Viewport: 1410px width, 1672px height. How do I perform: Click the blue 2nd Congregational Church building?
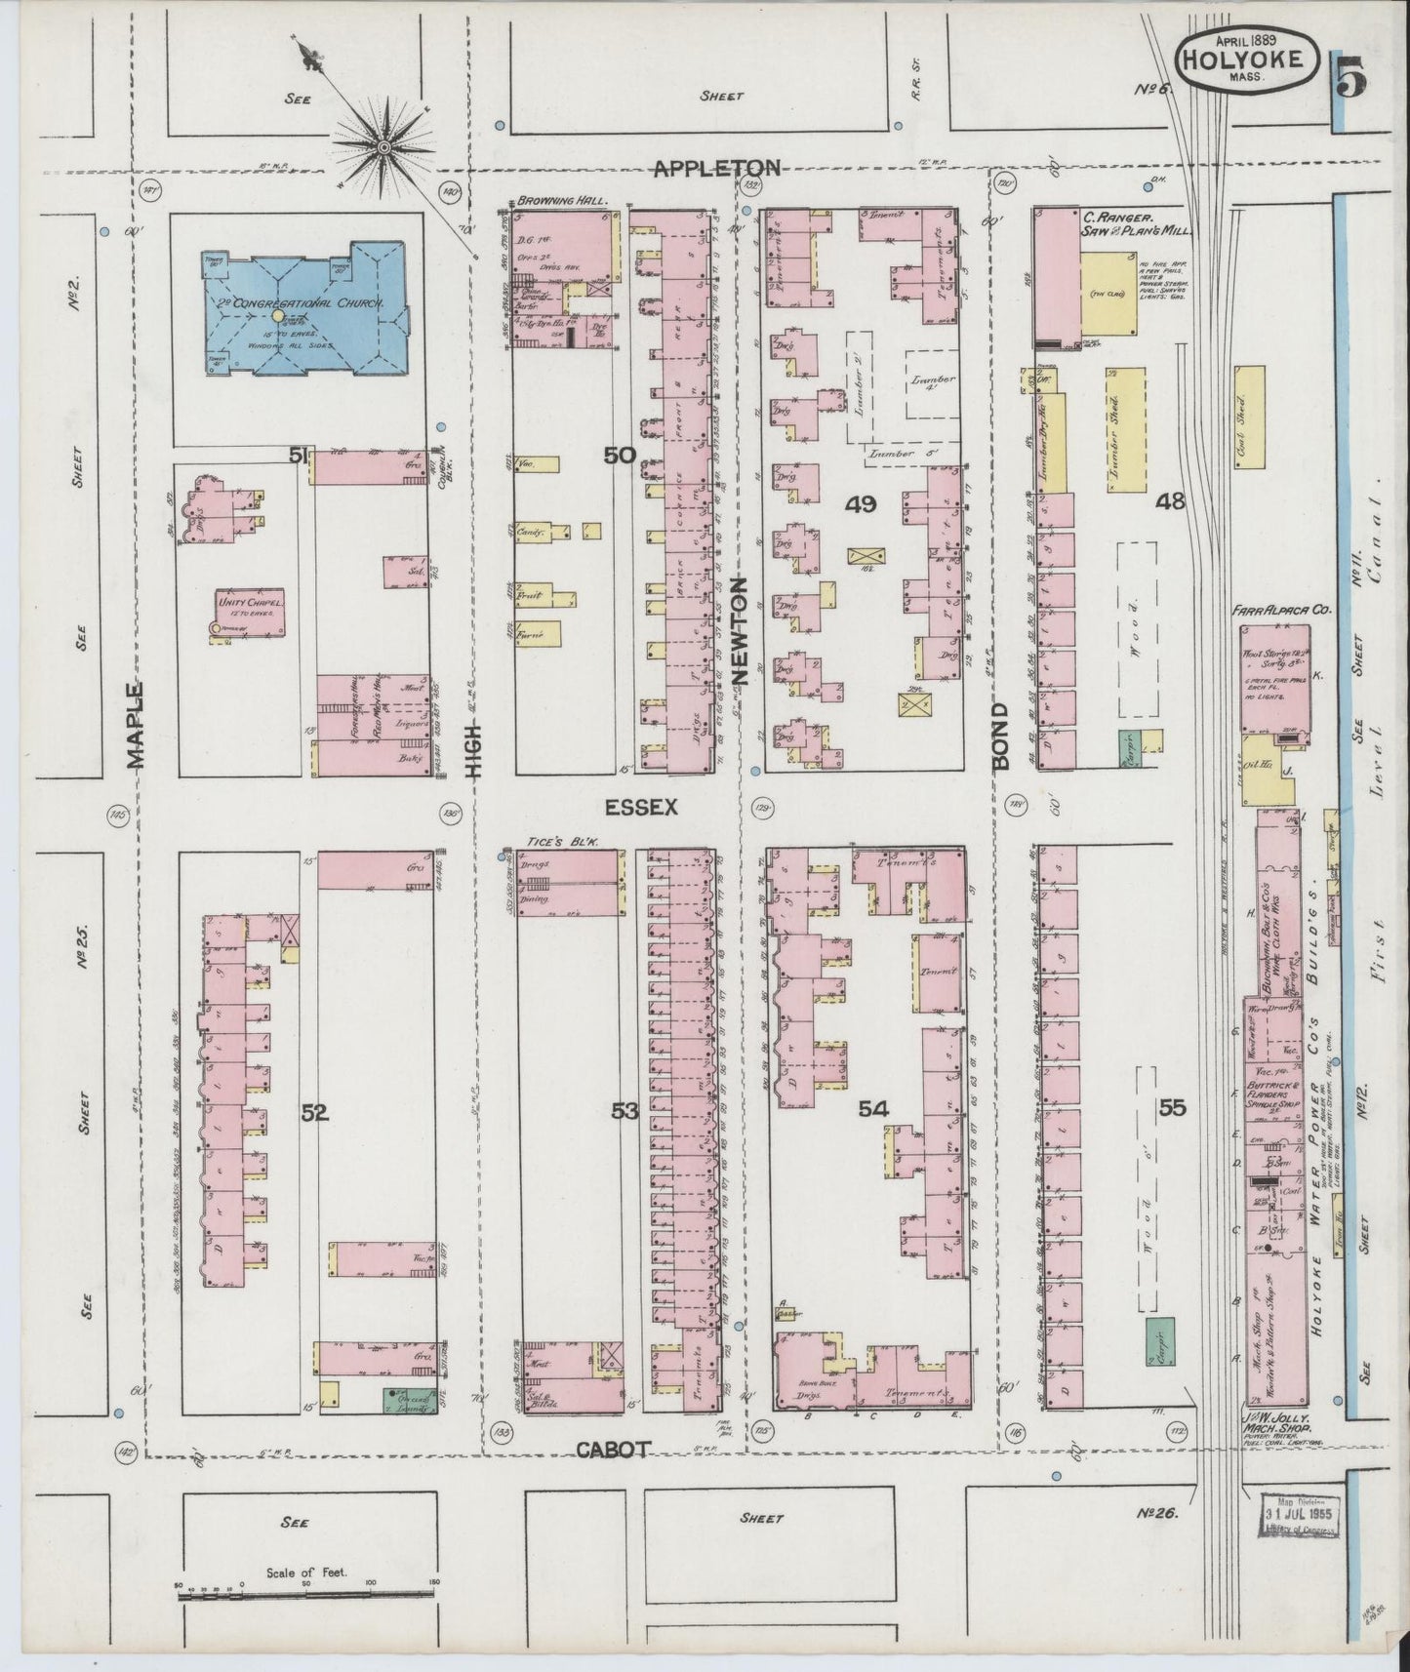(298, 307)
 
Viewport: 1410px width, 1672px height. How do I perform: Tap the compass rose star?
(384, 147)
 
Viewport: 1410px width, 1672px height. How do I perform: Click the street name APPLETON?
(716, 168)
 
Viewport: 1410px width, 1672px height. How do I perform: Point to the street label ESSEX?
(639, 808)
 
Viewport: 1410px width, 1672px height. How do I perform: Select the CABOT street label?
(612, 1451)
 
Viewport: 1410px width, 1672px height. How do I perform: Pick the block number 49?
(861, 504)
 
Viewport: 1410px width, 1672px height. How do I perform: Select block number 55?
(1171, 1108)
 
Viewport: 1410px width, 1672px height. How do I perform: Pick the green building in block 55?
(1158, 1344)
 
